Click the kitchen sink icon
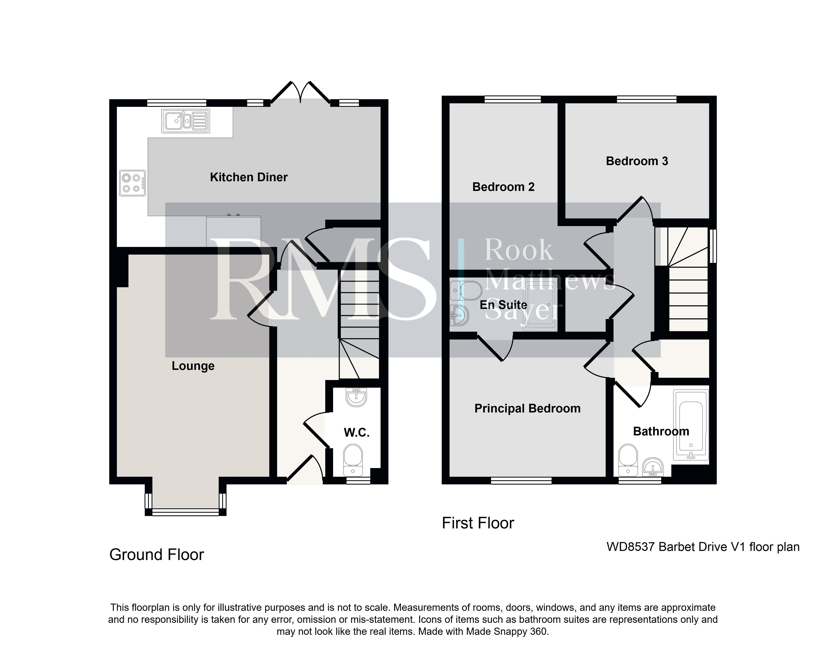(x=186, y=121)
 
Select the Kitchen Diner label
(x=249, y=177)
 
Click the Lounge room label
(x=193, y=366)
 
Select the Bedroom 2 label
(x=503, y=187)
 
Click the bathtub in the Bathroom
(x=691, y=424)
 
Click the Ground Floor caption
(x=157, y=555)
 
